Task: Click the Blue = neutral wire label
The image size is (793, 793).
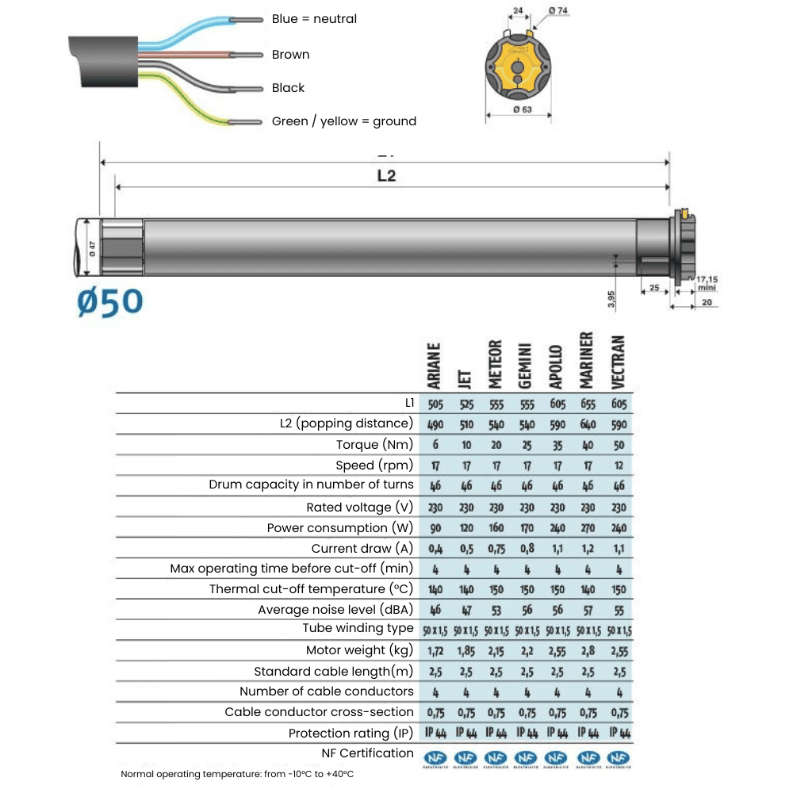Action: point(314,19)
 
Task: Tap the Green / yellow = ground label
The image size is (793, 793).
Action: point(343,121)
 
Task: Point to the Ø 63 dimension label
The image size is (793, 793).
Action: point(522,109)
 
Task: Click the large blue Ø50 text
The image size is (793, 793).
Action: point(110,301)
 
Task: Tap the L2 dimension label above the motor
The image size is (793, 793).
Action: point(385,176)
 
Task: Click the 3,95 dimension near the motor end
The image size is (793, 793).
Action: point(611,298)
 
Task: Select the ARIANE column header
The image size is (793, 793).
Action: point(435,366)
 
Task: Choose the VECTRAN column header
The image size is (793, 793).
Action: point(619,362)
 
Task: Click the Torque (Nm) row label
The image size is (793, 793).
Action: point(374,445)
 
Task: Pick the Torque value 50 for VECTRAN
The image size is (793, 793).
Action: point(619,445)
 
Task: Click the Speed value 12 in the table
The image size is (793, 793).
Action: point(619,465)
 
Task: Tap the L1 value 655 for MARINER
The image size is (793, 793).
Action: point(588,404)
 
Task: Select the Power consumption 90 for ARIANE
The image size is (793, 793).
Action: point(435,528)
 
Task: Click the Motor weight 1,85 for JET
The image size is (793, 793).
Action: point(465,650)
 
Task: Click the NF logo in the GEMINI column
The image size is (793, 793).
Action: point(526,759)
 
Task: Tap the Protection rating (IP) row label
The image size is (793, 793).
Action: point(351,733)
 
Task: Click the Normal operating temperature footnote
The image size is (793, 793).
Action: point(237,774)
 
